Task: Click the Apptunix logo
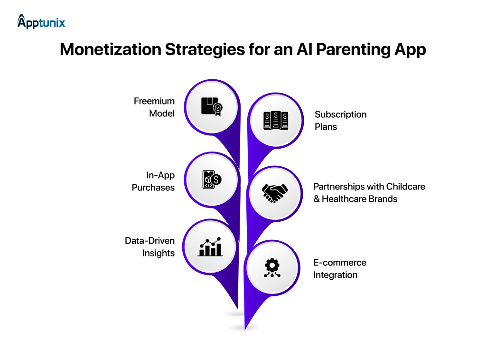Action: pyautogui.click(x=41, y=22)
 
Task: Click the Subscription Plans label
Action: pyautogui.click(x=340, y=121)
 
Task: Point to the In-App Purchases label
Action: pyautogui.click(x=153, y=181)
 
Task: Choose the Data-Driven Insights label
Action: pyautogui.click(x=150, y=247)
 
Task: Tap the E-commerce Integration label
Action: pyautogui.click(x=339, y=269)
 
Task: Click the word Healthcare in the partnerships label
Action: pyautogui.click(x=346, y=199)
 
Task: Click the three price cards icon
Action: pyautogui.click(x=276, y=121)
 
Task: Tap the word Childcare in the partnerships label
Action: pyautogui.click(x=405, y=187)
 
